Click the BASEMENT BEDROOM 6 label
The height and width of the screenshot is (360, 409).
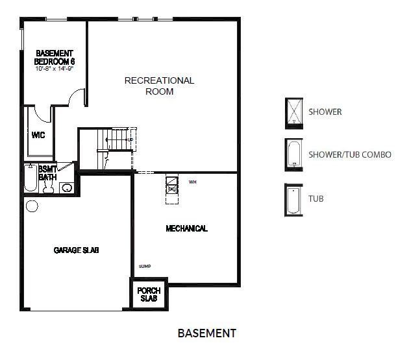[55, 56]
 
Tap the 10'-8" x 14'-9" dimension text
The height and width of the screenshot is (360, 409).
[55, 67]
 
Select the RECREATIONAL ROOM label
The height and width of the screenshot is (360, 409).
[159, 86]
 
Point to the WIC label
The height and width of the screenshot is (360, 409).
[38, 136]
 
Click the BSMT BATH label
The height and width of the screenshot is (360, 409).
[47, 173]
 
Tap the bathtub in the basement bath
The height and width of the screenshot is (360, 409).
[31, 179]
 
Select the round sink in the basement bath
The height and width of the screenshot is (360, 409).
[66, 188]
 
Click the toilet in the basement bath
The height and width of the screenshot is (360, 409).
[47, 186]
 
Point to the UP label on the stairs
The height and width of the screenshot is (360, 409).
[130, 139]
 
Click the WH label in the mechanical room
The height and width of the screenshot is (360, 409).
[192, 182]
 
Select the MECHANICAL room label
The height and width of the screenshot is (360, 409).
[186, 228]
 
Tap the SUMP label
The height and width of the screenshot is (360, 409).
[144, 266]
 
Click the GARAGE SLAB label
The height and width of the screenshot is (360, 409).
[76, 250]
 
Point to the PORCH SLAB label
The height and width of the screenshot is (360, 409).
[149, 294]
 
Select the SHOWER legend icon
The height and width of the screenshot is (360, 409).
[294, 112]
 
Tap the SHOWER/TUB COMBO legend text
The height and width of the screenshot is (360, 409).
[349, 154]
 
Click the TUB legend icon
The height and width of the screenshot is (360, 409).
[294, 200]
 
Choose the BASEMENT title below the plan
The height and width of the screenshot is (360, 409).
[206, 333]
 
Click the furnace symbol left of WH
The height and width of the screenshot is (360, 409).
[172, 185]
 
